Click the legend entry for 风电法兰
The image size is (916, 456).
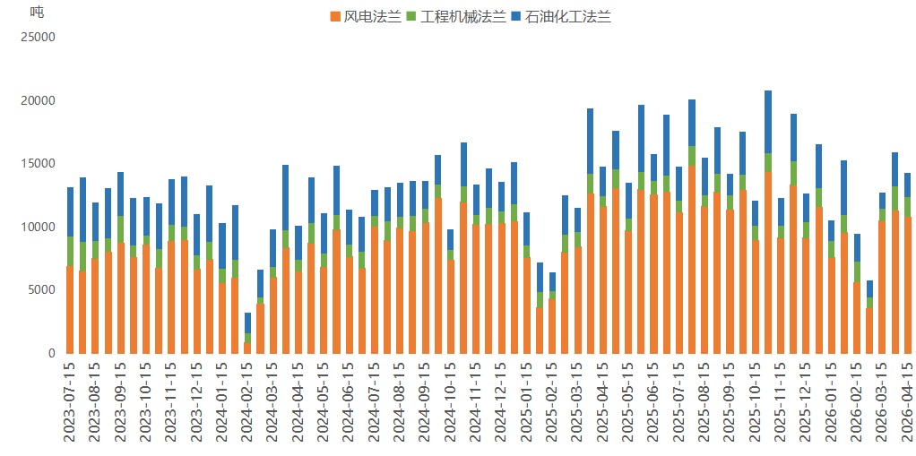tap(366, 16)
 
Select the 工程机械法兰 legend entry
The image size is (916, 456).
tap(455, 16)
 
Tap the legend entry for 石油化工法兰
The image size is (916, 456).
tap(561, 16)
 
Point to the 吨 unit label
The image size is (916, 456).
tap(36, 12)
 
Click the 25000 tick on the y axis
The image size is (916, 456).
tap(38, 38)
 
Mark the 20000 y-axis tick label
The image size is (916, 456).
tap(38, 101)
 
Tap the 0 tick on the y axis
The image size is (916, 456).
tap(51, 353)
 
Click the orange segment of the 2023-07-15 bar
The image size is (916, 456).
tap(70, 309)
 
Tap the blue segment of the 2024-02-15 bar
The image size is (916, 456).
tap(247, 323)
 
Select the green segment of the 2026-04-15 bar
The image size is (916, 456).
tap(907, 207)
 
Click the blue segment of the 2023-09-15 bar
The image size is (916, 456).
tap(121, 194)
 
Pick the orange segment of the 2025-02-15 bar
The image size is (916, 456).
tap(552, 326)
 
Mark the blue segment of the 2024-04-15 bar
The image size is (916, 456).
tap(298, 243)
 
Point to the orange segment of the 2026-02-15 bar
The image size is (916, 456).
tap(857, 318)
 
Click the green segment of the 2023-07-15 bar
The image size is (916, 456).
tap(70, 251)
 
